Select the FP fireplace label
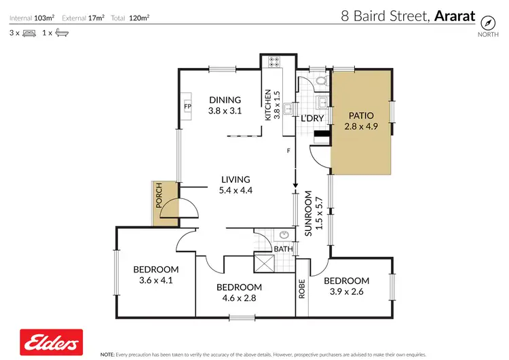point(188,107)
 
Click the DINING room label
point(225,100)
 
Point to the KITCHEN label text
point(268,105)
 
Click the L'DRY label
point(312,118)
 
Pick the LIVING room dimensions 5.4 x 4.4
point(236,191)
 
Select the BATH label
point(282,249)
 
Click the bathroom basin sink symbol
point(285,236)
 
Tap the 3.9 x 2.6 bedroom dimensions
point(346,292)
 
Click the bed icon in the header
point(28,32)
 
